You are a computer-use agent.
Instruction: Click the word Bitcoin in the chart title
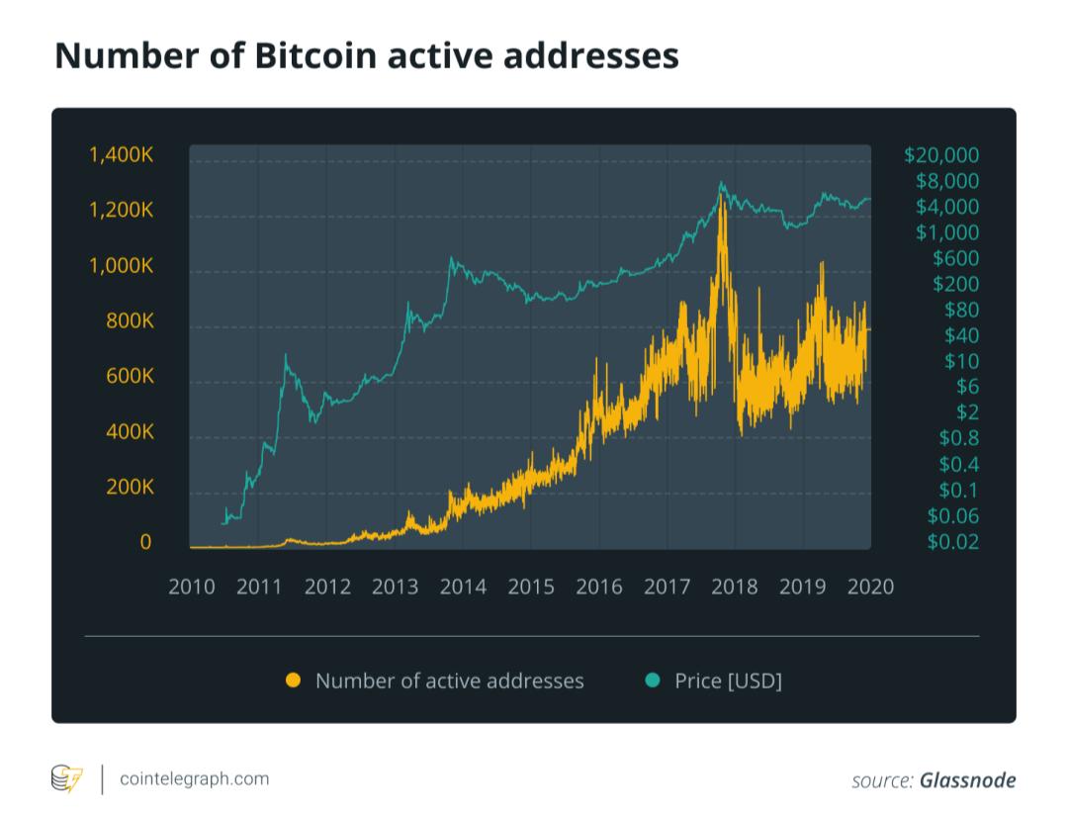316,55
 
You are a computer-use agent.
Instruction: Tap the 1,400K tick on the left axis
122,154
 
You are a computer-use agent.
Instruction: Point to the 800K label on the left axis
131,320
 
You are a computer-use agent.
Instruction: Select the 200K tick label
131,487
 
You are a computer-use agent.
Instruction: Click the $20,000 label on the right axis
941,155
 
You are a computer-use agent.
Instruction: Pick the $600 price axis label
955,258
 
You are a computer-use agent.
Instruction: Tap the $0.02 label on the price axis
953,541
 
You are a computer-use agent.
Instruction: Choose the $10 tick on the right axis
962,361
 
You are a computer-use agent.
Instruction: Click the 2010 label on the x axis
192,587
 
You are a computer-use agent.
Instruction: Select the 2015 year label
531,587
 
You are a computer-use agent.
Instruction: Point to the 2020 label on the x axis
870,587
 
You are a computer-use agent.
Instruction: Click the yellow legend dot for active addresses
294,680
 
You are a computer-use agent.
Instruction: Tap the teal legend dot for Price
653,680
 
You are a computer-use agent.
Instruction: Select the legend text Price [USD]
728,680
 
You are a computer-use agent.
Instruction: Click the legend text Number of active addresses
450,680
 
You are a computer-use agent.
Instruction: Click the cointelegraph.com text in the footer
195,778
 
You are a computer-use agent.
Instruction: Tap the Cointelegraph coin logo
67,778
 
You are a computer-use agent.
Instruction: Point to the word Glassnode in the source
968,780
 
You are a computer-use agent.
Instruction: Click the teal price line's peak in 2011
286,355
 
